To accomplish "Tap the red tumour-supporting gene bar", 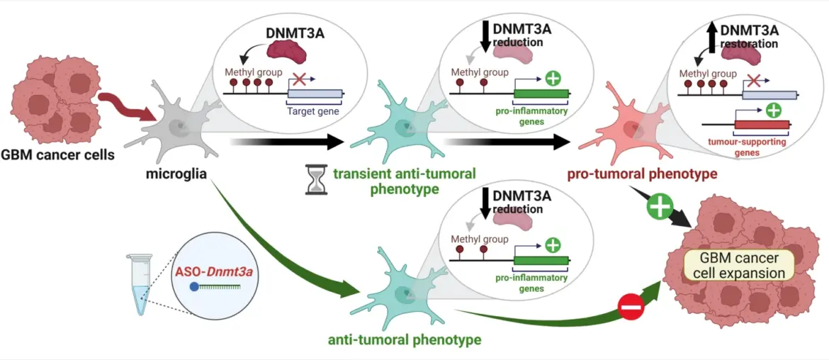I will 761,125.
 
